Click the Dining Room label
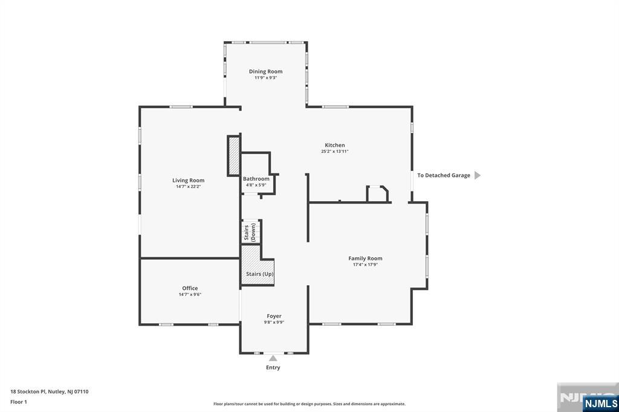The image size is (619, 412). coord(265,71)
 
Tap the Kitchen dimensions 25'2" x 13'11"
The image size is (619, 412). coord(335,152)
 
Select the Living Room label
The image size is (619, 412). coord(188,180)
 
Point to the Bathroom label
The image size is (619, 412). coord(256,179)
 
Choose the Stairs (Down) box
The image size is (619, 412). coord(250,232)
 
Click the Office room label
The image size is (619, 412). coord(190,288)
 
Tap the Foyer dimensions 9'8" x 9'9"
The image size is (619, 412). coord(274,323)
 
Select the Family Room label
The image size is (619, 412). coord(365,258)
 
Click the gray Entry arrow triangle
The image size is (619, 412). coord(273,358)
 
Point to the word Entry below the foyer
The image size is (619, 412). coord(273,367)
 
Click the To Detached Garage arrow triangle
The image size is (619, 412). coord(477,175)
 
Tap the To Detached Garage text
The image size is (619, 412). coord(443,175)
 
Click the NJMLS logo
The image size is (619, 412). coord(600,403)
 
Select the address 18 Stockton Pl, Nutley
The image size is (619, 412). coord(50,391)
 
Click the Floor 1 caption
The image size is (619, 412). coord(19,402)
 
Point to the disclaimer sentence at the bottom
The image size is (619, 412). coord(309,404)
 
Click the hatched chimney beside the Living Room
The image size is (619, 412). coord(234,156)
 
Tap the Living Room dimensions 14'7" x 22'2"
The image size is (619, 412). coord(188,187)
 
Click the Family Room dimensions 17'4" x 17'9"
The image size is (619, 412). coord(365,265)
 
